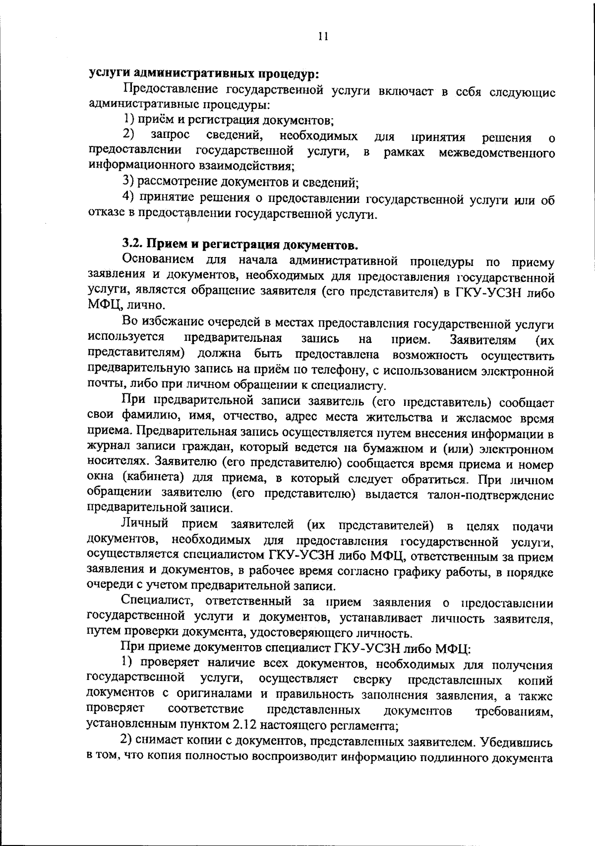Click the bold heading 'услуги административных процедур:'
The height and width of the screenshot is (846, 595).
(x=203, y=74)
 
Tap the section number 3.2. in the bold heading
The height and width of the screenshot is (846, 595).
(x=132, y=244)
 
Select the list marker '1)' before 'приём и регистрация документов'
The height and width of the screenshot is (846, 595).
(x=128, y=120)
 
